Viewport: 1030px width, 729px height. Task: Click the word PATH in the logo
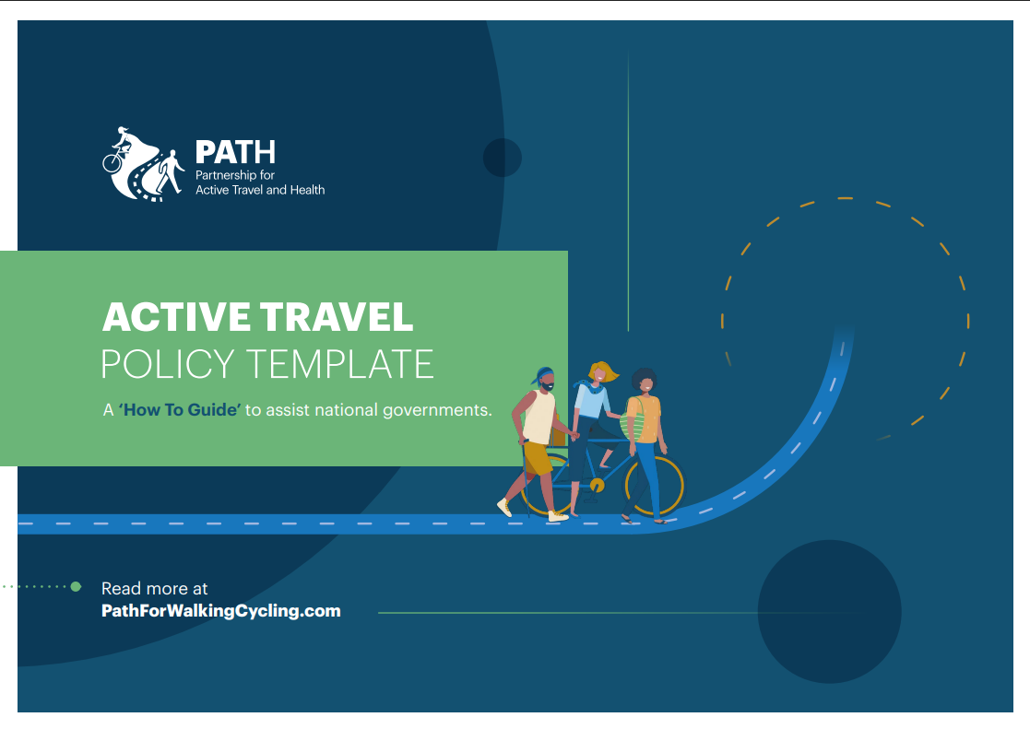click(x=235, y=152)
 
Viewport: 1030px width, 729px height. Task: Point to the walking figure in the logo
click(x=171, y=171)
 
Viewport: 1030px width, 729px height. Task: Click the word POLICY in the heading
click(x=168, y=364)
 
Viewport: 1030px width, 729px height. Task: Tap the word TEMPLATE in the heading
click(x=340, y=364)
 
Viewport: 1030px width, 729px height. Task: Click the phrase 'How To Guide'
click(x=180, y=410)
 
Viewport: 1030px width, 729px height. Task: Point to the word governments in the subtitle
click(x=437, y=410)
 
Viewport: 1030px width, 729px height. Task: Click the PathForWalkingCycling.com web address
click(x=221, y=611)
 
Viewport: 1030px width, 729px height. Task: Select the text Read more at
click(x=154, y=589)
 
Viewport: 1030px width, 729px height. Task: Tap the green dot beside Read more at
click(x=77, y=586)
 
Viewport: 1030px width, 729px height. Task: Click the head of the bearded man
click(x=545, y=380)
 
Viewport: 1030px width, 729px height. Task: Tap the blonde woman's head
click(x=600, y=372)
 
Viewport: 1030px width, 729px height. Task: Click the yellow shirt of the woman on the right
click(x=645, y=419)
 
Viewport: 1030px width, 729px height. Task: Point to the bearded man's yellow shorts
click(x=538, y=458)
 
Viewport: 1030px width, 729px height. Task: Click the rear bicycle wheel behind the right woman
click(x=655, y=487)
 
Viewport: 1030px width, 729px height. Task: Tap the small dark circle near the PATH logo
click(x=503, y=158)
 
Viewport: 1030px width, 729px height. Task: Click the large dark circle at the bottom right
click(x=830, y=611)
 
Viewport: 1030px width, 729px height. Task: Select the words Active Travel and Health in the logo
click(x=260, y=190)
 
